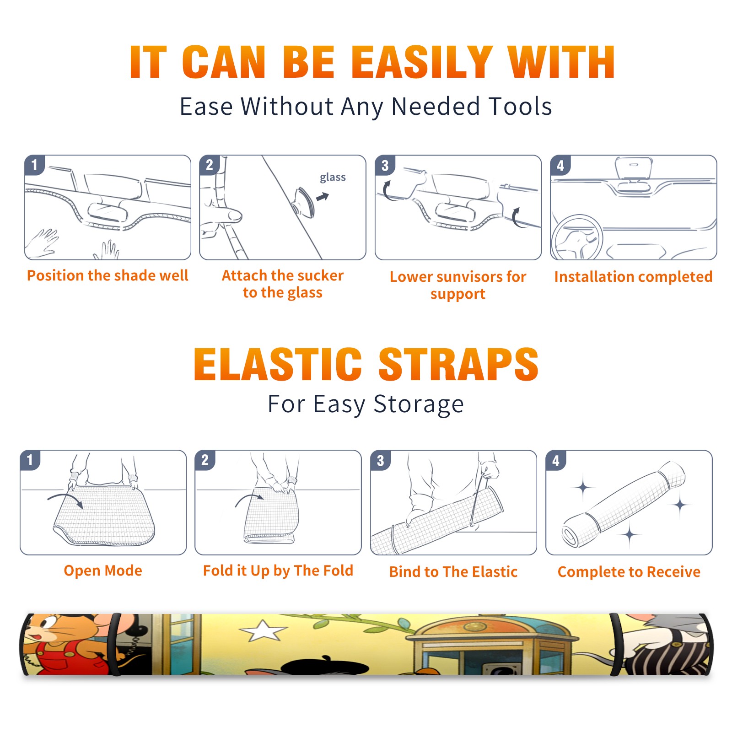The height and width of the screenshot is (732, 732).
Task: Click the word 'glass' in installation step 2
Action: pos(333,178)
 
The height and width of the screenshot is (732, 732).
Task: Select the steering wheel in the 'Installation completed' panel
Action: pos(576,238)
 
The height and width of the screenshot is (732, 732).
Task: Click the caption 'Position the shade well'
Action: pos(108,275)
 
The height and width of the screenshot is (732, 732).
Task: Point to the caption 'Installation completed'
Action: pos(633,276)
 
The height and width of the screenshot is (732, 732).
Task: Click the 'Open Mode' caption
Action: pos(103,571)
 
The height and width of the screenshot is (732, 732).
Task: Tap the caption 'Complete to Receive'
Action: pos(629,572)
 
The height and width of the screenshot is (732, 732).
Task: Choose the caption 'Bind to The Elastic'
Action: pos(453,572)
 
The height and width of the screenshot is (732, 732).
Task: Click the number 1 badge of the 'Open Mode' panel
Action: pos(30,460)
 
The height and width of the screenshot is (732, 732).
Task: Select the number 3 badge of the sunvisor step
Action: pos(385,165)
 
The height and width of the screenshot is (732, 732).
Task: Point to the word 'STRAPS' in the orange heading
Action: pos(458,364)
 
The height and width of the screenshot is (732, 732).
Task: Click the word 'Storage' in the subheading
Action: pos(419,404)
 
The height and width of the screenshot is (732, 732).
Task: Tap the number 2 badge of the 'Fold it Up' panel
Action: pos(205,460)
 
